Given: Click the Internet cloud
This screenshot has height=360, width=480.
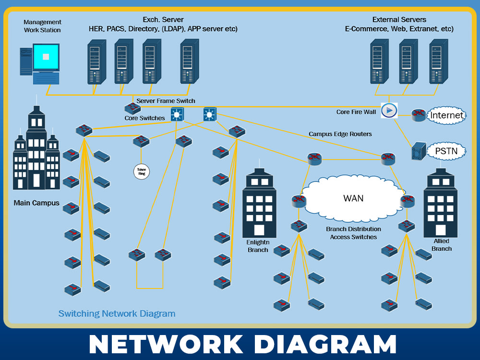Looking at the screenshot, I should point(446,115).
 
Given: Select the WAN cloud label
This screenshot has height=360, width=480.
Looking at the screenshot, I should point(353,198).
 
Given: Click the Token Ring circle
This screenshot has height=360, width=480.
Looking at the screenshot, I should point(142,171).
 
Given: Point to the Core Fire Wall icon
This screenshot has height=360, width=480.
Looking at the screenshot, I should point(389,110).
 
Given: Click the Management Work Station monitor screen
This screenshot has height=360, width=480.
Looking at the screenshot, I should point(46,57).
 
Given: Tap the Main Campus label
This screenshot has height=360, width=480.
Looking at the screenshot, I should point(36,203).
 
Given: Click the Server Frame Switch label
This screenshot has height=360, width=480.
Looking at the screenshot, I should point(166,101).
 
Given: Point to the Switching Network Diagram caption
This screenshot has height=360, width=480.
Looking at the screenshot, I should point(117,313).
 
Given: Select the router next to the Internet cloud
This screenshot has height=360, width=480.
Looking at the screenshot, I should point(419,114).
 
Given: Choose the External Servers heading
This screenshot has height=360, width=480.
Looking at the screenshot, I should point(399,20).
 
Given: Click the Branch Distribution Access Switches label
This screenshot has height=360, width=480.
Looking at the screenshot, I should point(353,233).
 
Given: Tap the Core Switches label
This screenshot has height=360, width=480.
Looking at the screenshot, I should point(144,118).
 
